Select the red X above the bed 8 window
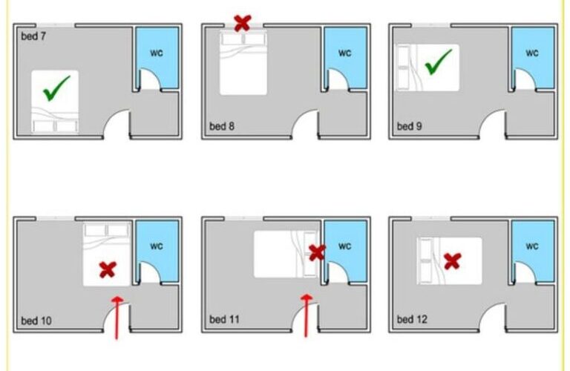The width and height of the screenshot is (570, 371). [x=243, y=23]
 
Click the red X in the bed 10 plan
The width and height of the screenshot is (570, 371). [x=108, y=270]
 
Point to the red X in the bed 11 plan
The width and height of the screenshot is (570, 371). [x=317, y=252]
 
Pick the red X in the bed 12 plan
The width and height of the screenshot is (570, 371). [x=453, y=261]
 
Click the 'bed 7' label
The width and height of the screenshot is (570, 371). [x=33, y=36]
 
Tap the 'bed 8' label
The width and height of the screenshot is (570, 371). [x=222, y=126]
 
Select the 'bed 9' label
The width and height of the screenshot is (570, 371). [x=410, y=126]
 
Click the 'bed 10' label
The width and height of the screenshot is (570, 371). [x=36, y=321]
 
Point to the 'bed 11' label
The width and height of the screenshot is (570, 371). [x=224, y=319]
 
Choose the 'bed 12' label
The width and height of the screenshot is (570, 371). [x=412, y=319]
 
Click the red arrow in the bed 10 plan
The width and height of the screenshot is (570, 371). [x=117, y=318]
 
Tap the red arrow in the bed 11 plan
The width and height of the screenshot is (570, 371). [x=306, y=316]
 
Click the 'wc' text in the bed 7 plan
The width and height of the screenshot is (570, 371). [x=157, y=53]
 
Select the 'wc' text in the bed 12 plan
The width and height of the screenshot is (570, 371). [x=532, y=246]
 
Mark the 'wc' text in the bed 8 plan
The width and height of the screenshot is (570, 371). [x=344, y=53]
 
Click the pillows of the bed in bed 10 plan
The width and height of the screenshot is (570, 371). [x=107, y=230]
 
